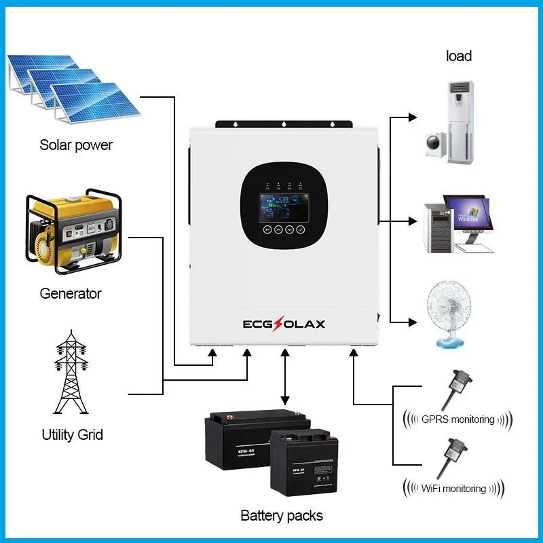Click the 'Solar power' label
tap(76, 145)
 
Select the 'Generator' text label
tap(71, 294)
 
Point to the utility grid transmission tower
tap(71, 373)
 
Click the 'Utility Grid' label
tap(73, 434)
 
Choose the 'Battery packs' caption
tap(282, 516)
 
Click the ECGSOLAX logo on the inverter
tap(284, 323)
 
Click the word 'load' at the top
tap(459, 56)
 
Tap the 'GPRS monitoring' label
tap(457, 419)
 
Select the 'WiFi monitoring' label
tap(454, 488)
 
